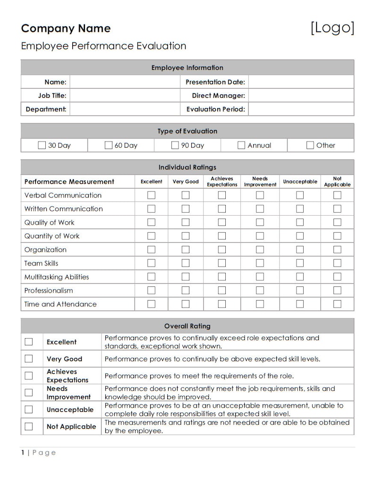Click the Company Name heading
pyautogui.click(x=66, y=28)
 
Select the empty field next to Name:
pyautogui.click(x=125, y=82)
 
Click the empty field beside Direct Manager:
pyautogui.click(x=301, y=96)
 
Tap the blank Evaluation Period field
pyautogui.click(x=301, y=109)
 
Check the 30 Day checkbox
pyautogui.click(x=42, y=145)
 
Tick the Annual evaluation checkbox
pyautogui.click(x=241, y=145)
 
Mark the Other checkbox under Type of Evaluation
pyautogui.click(x=310, y=145)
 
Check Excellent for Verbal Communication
pyautogui.click(x=151, y=195)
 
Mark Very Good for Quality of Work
pyautogui.click(x=186, y=222)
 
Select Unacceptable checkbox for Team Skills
pyautogui.click(x=300, y=263)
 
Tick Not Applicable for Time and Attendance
pyautogui.click(x=337, y=304)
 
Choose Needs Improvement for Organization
pyautogui.click(x=260, y=250)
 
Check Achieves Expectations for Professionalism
pyautogui.click(x=222, y=290)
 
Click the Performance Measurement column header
pyautogui.click(x=69, y=182)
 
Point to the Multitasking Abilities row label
pyautogui.click(x=57, y=277)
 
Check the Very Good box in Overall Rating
pyautogui.click(x=29, y=359)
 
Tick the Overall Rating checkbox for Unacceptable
pyautogui.click(x=29, y=410)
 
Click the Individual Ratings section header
pyautogui.click(x=187, y=167)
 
